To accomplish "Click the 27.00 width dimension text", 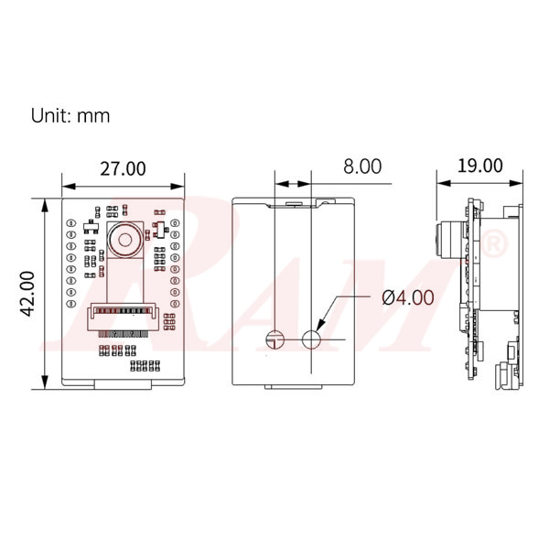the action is [x=123, y=168].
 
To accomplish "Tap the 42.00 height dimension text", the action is [x=27, y=294].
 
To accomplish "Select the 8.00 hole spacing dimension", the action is [x=362, y=167].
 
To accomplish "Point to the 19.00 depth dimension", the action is [x=480, y=166].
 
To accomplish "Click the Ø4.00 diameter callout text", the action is [x=408, y=297].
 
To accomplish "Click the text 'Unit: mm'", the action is [x=70, y=115].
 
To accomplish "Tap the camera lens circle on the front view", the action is [x=124, y=240].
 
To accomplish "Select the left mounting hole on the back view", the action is [x=275, y=339].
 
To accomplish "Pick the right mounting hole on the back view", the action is [x=311, y=339].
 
